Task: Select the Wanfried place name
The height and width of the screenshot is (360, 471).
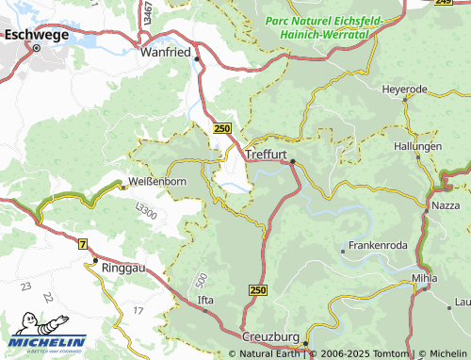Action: point(167,53)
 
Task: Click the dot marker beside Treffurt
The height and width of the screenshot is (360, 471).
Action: point(293,162)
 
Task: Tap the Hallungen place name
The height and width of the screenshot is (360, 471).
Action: point(418,147)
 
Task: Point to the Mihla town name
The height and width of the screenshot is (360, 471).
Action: point(426,279)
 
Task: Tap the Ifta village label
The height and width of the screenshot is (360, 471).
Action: point(206,301)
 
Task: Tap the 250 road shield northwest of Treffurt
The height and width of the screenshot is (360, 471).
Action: point(221,128)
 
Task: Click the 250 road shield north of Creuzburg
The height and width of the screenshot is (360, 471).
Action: point(259,292)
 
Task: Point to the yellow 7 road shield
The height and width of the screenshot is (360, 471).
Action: point(83,244)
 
